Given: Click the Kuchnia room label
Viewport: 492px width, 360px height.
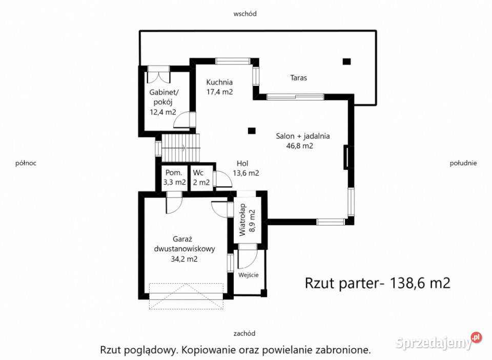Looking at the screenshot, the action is click(219, 82).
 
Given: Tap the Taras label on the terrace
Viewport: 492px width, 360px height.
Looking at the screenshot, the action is click(298, 78).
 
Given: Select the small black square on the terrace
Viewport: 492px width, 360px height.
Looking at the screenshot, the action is click(346, 62).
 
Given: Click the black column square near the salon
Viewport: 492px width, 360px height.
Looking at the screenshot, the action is click(252, 131).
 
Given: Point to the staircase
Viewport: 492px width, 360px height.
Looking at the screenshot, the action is click(180, 148).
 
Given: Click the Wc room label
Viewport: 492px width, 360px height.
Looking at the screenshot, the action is click(198, 173).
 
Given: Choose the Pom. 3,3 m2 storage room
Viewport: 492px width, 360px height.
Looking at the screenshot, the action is click(174, 177).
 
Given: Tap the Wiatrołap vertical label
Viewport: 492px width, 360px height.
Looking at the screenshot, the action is click(242, 219).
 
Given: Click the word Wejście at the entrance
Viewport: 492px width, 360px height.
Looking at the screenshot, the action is click(248, 275).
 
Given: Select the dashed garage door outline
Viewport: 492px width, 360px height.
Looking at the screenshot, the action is click(186, 296).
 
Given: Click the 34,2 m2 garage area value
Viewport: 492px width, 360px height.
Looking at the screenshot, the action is click(184, 259).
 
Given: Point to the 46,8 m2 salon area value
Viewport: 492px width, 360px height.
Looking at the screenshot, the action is click(300, 146).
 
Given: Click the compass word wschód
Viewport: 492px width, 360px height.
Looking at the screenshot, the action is click(245, 14).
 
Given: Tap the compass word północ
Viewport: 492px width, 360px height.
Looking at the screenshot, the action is click(26, 163).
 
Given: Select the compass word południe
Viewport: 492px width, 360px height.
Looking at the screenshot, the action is click(463, 163).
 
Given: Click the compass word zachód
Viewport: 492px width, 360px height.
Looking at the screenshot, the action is click(244, 333).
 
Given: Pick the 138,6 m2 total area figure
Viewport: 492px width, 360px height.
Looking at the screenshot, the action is click(420, 283).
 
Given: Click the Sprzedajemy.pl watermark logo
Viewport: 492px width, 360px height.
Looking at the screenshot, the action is click(438, 342).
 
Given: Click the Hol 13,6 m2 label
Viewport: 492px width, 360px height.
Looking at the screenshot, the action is click(245, 168).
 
